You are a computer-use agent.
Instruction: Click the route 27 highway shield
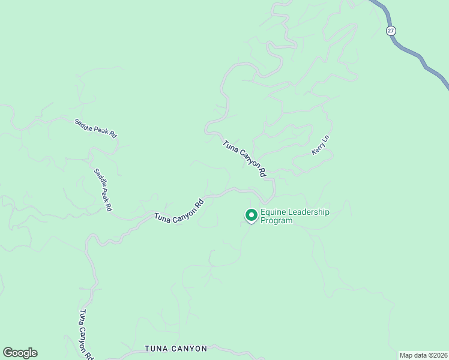coord(391,31)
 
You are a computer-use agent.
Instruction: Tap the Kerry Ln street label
coord(321,146)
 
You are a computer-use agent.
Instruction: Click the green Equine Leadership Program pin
coord(251,215)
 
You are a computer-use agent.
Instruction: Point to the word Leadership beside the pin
coord(310,212)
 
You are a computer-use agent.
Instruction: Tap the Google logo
coord(20,353)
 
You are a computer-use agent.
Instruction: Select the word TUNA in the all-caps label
coord(157,349)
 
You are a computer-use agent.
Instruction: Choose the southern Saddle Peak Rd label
coord(103,189)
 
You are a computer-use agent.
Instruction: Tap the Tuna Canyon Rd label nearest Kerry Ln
coord(244,158)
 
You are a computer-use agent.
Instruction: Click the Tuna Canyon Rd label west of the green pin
coord(179,210)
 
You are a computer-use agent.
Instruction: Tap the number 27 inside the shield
coord(391,31)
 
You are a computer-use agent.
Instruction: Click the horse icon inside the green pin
coord(251,214)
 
